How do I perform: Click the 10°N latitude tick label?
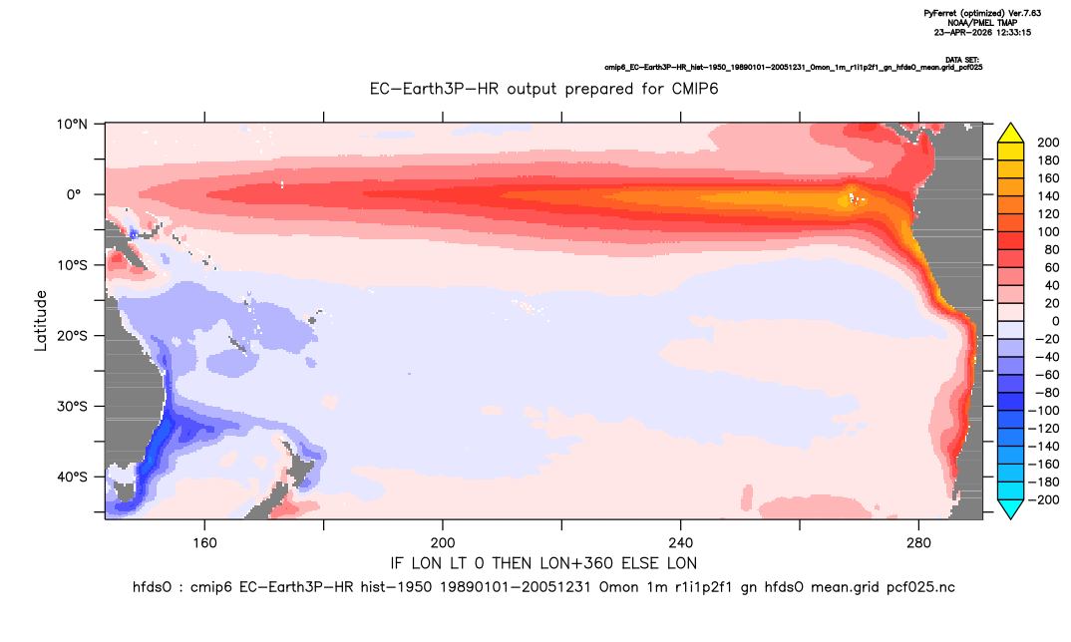tap(73, 125)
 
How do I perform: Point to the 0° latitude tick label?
tap(75, 194)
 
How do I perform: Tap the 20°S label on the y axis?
tap(72, 336)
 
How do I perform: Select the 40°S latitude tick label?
tap(72, 477)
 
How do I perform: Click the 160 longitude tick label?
tap(204, 543)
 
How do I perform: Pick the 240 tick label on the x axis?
tap(681, 543)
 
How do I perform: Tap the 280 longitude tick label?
tap(918, 543)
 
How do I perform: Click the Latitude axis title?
tap(41, 321)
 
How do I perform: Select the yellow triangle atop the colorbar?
tap(1010, 133)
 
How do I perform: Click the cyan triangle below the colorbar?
tap(1010, 508)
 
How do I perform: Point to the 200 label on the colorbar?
tap(1048, 143)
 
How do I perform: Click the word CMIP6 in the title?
tap(695, 89)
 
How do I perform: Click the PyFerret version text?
tap(982, 13)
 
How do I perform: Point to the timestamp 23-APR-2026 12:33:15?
tap(982, 32)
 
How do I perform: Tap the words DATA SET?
tap(961, 60)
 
